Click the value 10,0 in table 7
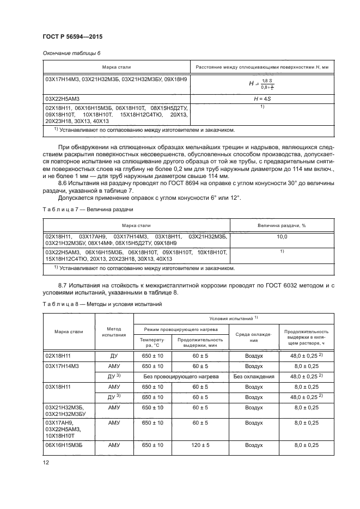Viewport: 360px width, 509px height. [x=282, y=237]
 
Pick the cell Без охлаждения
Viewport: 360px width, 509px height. [x=253, y=376]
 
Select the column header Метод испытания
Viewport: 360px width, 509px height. [x=114, y=332]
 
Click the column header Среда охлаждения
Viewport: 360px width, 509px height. [x=253, y=335]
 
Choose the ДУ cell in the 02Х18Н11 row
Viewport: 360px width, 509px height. [x=114, y=355]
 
